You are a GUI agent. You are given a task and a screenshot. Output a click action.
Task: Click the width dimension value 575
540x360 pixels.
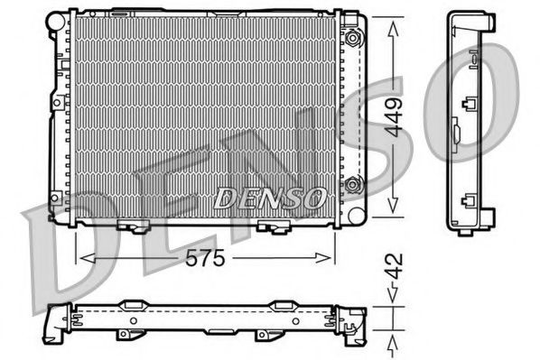click(207, 257)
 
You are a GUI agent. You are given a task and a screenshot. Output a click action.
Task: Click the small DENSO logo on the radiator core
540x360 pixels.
click(268, 195)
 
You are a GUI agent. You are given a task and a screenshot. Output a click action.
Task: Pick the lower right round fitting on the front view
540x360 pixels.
click(353, 186)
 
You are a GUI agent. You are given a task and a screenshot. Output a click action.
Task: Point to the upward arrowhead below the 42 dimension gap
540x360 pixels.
click(392, 343)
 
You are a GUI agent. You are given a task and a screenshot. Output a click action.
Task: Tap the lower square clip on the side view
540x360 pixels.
click(468, 202)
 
